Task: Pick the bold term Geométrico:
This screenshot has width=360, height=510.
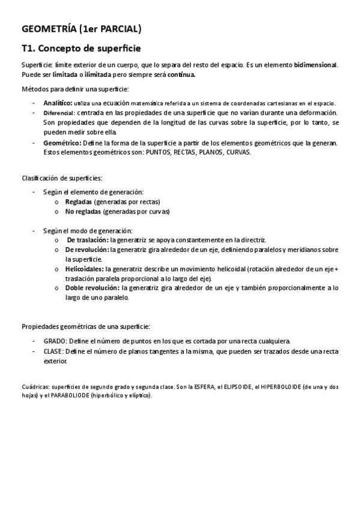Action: point(63,143)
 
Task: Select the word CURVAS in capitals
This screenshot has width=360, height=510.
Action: point(237,152)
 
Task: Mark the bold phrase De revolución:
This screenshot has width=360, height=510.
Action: point(87,249)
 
